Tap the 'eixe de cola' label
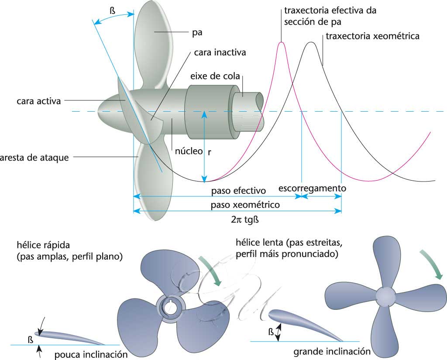click(215, 76)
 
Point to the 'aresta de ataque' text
click(34, 157)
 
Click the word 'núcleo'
click(189, 151)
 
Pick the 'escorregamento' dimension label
click(312, 189)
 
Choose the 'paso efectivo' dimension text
click(238, 191)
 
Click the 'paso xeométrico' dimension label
click(245, 205)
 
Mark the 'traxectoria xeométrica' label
click(372, 37)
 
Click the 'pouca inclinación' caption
click(91, 355)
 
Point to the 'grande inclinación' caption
click(332, 351)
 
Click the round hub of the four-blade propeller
click(385, 295)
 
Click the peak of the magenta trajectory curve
click(282, 42)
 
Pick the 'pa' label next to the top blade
click(197, 32)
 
